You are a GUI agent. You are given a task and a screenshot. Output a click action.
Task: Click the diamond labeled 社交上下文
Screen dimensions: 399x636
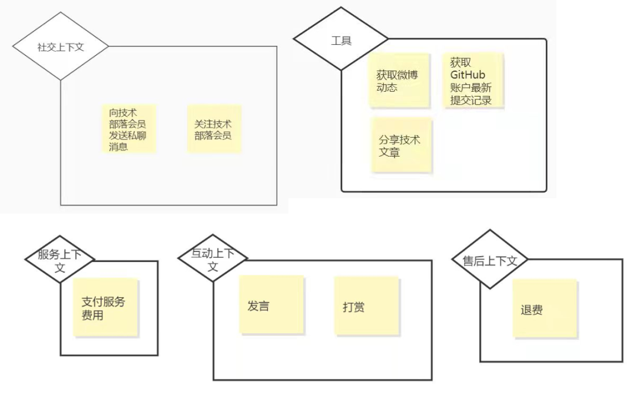pos(61,47)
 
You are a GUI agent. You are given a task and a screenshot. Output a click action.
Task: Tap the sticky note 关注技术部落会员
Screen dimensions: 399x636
pos(214,129)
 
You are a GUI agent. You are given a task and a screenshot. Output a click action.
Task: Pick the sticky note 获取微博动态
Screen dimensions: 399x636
pos(398,81)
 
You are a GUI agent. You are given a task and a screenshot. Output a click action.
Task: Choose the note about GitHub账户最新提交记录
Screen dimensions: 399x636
pos(474,81)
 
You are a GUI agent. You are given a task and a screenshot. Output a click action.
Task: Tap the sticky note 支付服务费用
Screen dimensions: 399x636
pos(107,307)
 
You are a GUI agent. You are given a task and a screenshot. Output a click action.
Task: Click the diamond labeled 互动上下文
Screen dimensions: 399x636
pos(213,259)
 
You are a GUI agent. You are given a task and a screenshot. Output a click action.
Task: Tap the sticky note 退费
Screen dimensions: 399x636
pos(544,308)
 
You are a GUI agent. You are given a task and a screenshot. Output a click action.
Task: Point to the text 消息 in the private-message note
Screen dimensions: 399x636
pos(118,147)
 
